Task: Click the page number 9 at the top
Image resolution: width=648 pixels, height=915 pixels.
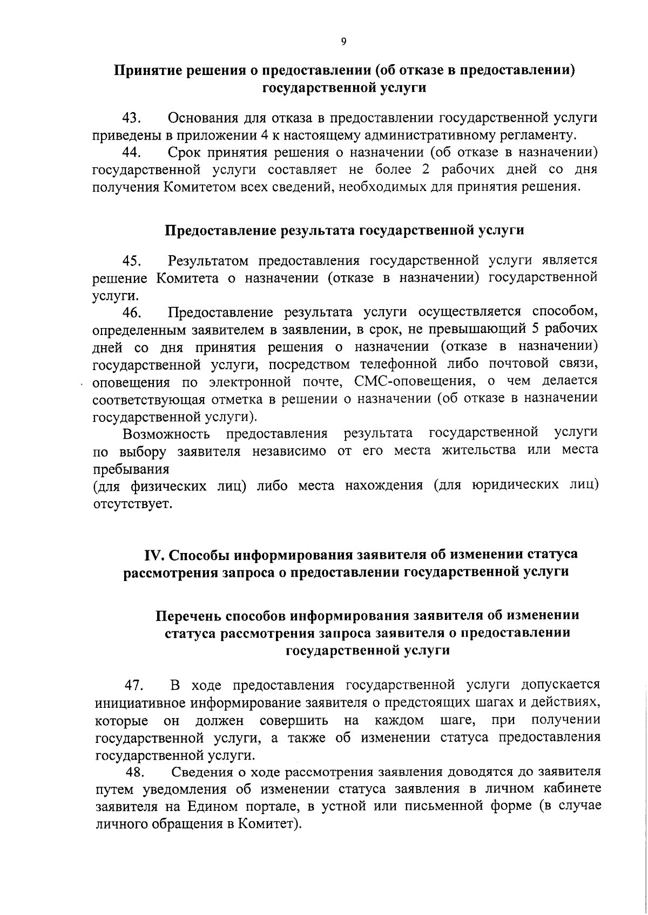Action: pos(343,42)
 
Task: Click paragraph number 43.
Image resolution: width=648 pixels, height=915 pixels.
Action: pos(132,118)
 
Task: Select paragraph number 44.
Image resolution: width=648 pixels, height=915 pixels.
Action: pos(132,153)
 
